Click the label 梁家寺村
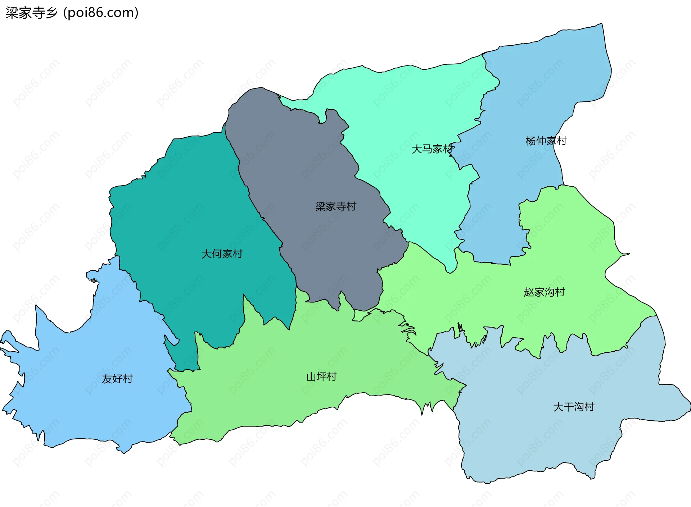[x=336, y=206]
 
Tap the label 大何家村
[x=222, y=254]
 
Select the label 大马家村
[x=432, y=149]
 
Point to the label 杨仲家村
[x=546, y=141]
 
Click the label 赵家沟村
[x=544, y=292]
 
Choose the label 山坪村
[x=321, y=377]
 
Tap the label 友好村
[x=117, y=379]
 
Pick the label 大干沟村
[x=574, y=407]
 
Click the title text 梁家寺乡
[x=32, y=13]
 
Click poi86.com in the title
[x=101, y=13]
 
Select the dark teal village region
[x=187, y=216]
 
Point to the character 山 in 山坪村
[x=311, y=377]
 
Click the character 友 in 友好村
[x=107, y=379]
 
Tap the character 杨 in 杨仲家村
[x=531, y=141]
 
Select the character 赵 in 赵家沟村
[x=529, y=292]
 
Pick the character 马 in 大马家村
[x=427, y=149]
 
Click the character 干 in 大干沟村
[x=569, y=407]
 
